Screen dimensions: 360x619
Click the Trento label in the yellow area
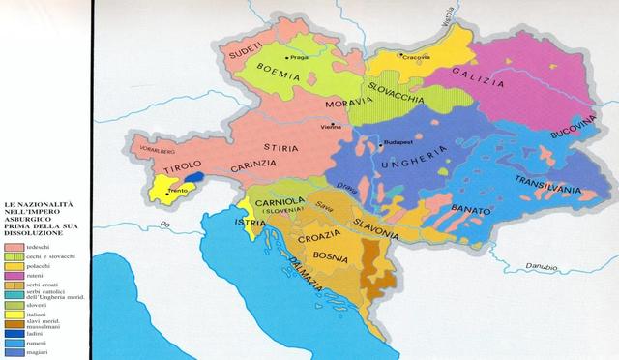pyautogui.click(x=177, y=192)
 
